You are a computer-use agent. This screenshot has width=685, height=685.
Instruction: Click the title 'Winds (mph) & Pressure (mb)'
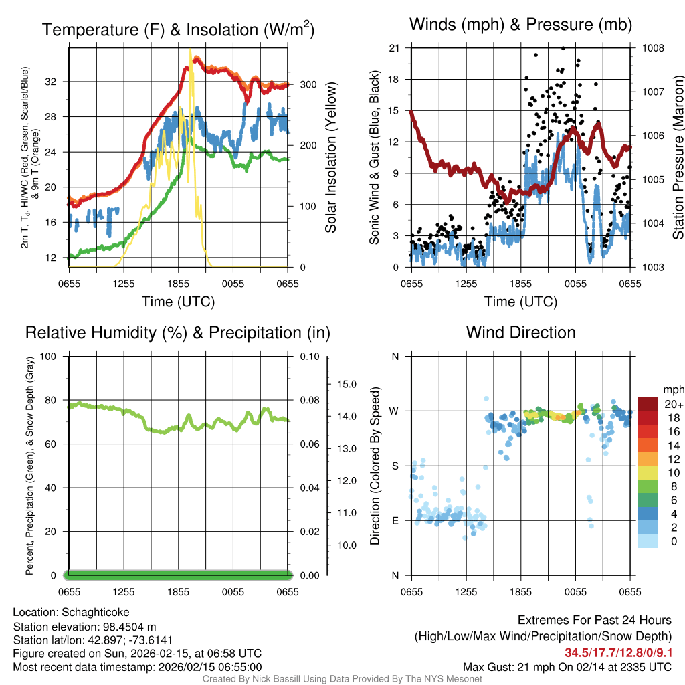pos(520,25)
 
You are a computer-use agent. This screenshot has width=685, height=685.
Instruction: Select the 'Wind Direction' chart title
pos(520,332)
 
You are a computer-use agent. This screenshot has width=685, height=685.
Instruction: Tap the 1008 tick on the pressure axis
pos(652,48)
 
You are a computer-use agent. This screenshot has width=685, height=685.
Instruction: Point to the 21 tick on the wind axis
pos(394,48)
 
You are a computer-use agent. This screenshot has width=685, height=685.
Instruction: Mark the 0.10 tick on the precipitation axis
pos(310,356)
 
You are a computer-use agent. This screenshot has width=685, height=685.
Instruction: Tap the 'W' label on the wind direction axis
pos(395,411)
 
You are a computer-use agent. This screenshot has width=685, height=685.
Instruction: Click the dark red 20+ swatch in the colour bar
pos(648,405)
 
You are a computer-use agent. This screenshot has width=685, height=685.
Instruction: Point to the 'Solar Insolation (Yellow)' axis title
pos(331,158)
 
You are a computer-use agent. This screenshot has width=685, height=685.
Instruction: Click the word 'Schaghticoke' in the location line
pos(95,612)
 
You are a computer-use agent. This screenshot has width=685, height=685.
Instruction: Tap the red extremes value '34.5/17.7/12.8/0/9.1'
pos(619,653)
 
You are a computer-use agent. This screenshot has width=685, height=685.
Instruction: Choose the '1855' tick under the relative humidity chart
pos(179,592)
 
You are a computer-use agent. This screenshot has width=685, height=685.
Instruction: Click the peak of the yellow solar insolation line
pos(191,50)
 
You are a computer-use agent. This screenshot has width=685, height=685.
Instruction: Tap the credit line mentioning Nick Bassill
pos(342,679)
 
